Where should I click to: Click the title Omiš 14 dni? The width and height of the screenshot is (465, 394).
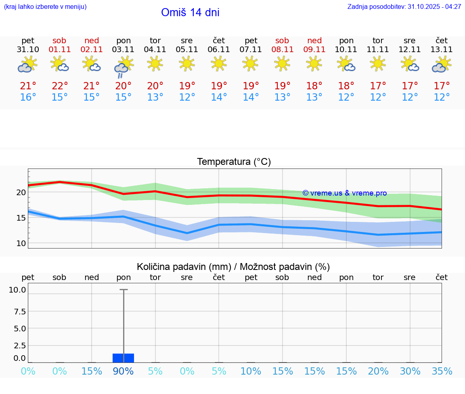coord(190,13)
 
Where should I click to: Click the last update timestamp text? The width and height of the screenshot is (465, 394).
coord(404,7)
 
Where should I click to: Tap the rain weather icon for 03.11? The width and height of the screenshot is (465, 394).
coord(123,66)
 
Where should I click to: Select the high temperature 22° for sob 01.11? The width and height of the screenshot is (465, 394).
coord(59,86)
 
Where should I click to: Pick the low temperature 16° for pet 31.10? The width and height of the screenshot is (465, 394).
coord(28,97)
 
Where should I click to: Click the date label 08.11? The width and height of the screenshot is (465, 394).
coord(282,50)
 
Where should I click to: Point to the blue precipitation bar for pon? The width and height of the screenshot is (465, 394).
coord(123,358)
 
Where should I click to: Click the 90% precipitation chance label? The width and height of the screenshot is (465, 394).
coord(123,371)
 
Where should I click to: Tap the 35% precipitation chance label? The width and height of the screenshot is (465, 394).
coord(442,371)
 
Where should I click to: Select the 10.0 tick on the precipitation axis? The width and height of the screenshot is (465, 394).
coord(18,290)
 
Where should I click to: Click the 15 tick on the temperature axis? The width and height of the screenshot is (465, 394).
coord(21,218)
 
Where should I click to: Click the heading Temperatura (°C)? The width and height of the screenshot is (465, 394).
coord(234,162)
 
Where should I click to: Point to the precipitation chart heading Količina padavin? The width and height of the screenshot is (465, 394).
coord(233,267)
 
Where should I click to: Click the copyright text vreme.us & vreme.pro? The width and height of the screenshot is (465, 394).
coord(345,193)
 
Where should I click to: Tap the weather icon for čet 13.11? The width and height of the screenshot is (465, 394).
coord(442,65)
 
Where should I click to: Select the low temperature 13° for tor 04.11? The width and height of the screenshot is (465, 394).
coord(155,97)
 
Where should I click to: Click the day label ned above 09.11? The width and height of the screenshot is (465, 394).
coord(314,40)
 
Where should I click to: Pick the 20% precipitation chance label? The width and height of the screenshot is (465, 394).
coord(378,371)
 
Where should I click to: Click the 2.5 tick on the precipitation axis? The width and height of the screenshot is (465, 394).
coord(20,346)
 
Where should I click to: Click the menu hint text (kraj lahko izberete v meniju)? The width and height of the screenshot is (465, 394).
coord(45,7)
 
